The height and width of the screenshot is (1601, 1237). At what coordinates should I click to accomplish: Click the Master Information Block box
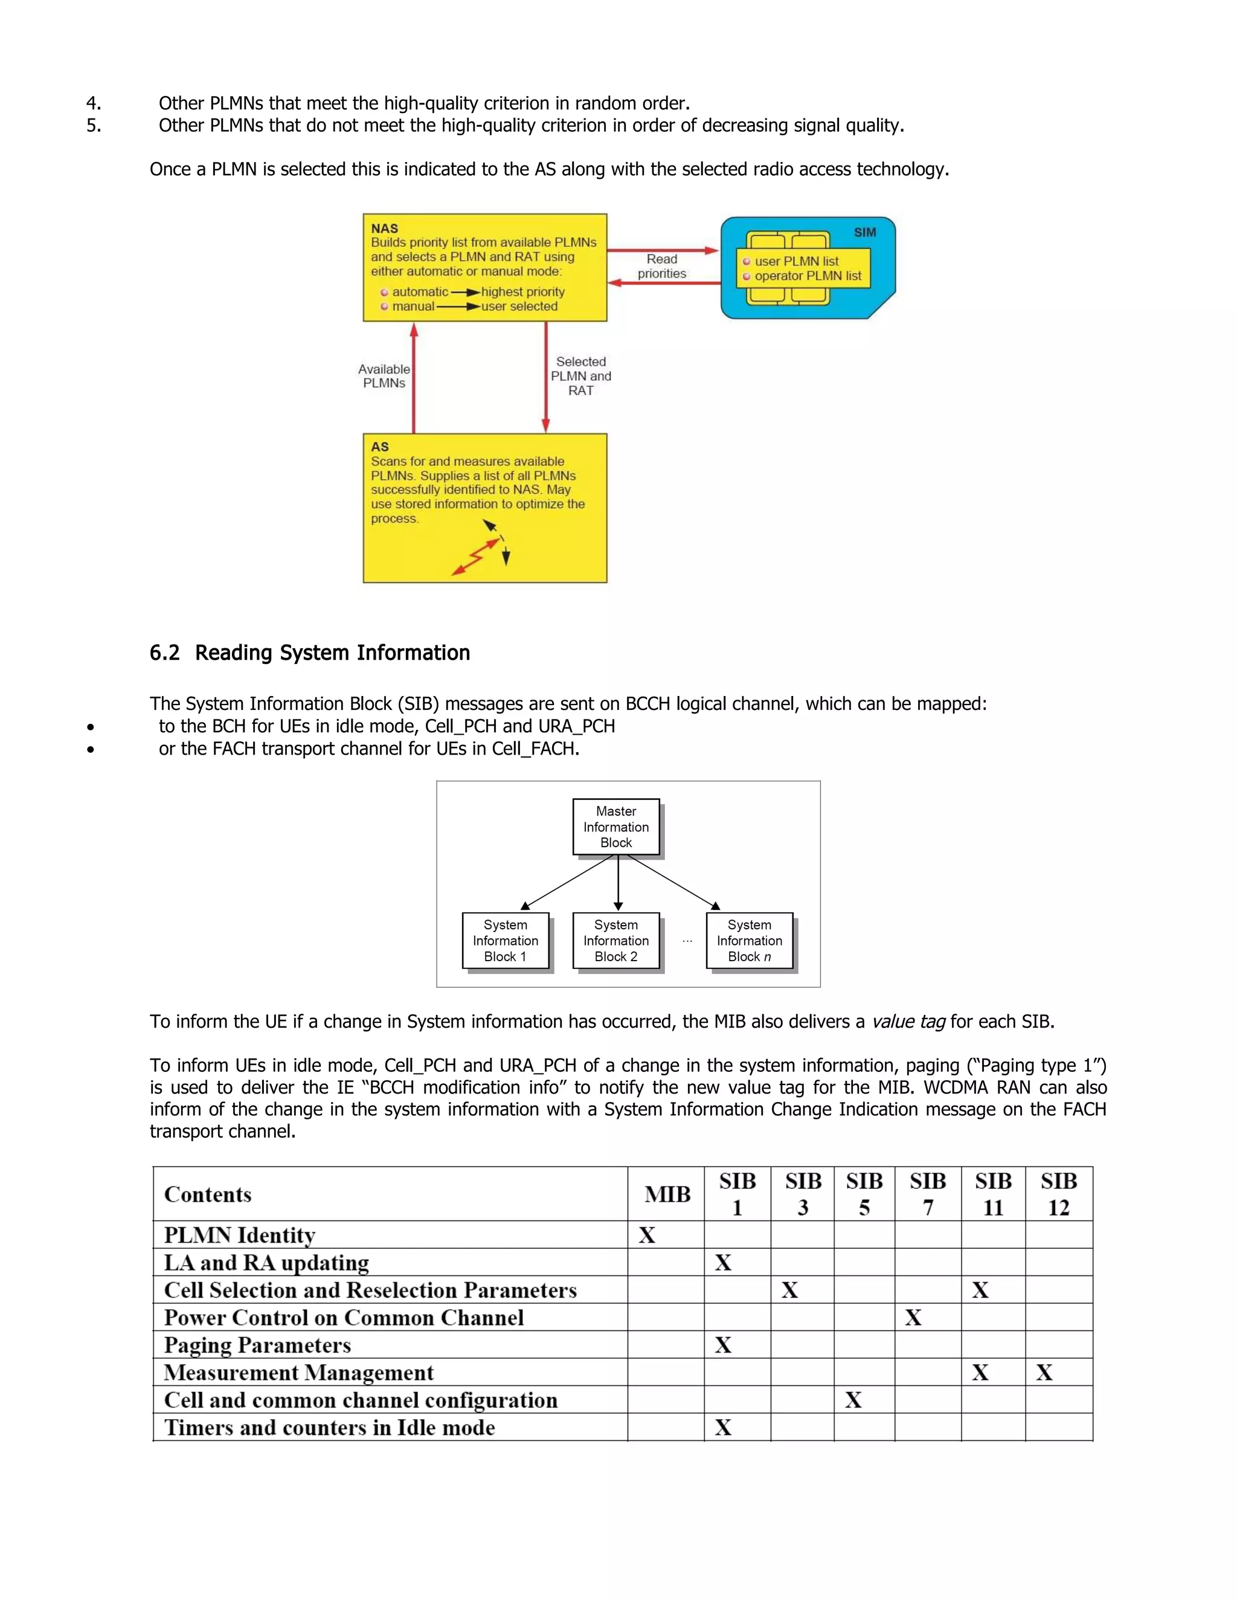click(x=615, y=827)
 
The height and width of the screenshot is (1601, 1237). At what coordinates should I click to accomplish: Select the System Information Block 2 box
click(x=615, y=941)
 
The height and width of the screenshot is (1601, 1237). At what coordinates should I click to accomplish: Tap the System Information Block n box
click(x=749, y=941)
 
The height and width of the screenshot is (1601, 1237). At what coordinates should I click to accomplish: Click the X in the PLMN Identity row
click(x=646, y=1235)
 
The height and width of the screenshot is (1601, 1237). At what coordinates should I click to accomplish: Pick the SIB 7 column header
click(x=927, y=1193)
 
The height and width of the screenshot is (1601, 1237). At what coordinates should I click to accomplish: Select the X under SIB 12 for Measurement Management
click(x=1044, y=1372)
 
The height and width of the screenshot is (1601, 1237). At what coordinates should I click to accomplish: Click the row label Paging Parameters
click(x=257, y=1345)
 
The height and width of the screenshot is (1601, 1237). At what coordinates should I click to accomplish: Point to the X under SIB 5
click(x=853, y=1400)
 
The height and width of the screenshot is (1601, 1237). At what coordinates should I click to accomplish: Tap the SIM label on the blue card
click(x=865, y=233)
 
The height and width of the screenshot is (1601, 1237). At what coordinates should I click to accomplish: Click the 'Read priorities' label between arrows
click(x=662, y=266)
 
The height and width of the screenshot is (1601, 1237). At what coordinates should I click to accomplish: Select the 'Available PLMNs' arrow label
click(x=384, y=376)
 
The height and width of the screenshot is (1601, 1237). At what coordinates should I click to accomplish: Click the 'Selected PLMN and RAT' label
click(x=580, y=376)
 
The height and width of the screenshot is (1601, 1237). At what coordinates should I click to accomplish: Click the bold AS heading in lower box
click(x=379, y=446)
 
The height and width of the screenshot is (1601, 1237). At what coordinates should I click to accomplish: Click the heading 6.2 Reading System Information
click(x=310, y=652)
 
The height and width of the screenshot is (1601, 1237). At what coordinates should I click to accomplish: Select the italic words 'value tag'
click(x=908, y=1021)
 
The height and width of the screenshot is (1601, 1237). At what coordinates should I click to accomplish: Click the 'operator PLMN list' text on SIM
click(x=808, y=276)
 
